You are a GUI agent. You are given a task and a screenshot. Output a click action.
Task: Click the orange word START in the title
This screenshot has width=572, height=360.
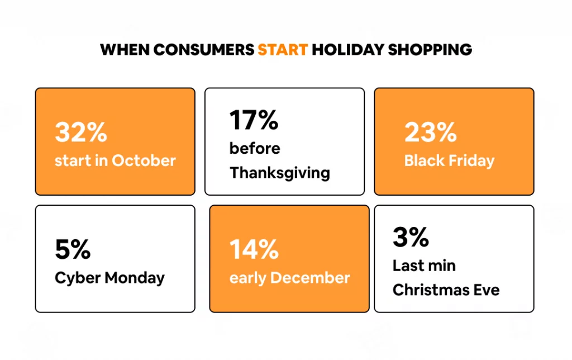point(283,50)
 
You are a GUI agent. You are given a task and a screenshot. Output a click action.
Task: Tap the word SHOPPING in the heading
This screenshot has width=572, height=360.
point(430,50)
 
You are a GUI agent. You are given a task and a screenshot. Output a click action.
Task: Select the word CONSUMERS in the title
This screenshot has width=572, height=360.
point(203,50)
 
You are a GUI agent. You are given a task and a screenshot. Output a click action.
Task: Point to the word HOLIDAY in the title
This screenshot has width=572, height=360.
point(348,50)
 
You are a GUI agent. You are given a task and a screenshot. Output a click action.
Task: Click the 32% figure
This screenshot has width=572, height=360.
point(81,132)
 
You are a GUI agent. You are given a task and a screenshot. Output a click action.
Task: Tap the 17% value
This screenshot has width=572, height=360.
point(254,120)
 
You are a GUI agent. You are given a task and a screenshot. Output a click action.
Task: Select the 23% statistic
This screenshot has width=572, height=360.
point(431,132)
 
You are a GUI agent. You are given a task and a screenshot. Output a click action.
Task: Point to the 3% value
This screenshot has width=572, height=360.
point(411,237)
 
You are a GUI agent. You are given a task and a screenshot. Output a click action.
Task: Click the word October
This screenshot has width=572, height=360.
point(144,160)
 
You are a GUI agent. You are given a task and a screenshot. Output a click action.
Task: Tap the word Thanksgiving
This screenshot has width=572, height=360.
point(280,173)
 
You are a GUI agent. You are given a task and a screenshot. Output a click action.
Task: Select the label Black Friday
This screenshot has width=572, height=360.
point(449,160)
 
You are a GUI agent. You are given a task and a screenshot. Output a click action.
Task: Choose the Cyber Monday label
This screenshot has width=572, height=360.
point(109,278)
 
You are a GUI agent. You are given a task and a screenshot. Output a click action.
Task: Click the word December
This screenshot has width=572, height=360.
point(310,278)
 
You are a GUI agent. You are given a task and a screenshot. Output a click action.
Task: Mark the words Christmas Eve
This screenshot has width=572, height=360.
point(446,290)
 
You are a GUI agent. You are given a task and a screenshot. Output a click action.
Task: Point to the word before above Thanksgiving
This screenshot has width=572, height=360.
point(255,148)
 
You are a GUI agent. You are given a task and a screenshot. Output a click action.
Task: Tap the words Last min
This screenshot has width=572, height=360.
point(424,266)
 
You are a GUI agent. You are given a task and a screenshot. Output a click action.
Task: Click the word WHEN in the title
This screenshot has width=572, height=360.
point(125,50)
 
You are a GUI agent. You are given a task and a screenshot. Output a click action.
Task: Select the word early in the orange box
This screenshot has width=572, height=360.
point(247,278)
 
